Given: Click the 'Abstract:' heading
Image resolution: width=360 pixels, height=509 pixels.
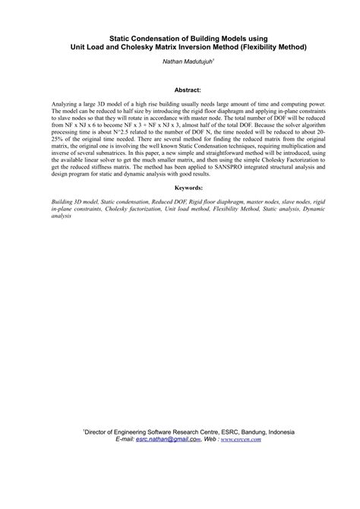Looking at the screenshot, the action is click(x=179, y=89).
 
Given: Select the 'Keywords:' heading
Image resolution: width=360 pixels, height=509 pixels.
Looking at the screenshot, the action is click(x=180, y=186).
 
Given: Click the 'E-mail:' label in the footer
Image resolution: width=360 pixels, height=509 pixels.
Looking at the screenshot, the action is click(x=122, y=439).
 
